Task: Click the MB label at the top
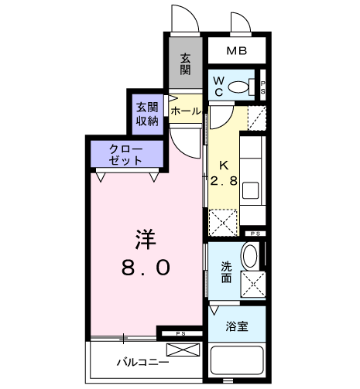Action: (237, 51)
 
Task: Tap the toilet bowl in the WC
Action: (238, 87)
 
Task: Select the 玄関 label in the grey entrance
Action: (185, 64)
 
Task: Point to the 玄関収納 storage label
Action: (147, 114)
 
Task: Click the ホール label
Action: (186, 111)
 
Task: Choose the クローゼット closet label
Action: (125, 155)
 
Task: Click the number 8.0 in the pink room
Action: (146, 268)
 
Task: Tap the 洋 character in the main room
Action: (146, 240)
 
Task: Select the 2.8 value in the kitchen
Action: (224, 181)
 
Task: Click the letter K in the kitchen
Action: (224, 165)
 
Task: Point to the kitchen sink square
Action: (250, 190)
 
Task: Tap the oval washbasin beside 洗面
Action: (250, 256)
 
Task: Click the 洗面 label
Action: (226, 272)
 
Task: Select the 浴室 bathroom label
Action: (237, 326)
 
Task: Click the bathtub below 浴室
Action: (237, 362)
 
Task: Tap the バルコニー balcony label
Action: (142, 362)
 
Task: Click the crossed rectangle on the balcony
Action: (183, 350)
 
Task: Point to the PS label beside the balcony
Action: (180, 333)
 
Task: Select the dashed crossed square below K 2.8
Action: (223, 223)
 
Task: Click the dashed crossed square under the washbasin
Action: (253, 284)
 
